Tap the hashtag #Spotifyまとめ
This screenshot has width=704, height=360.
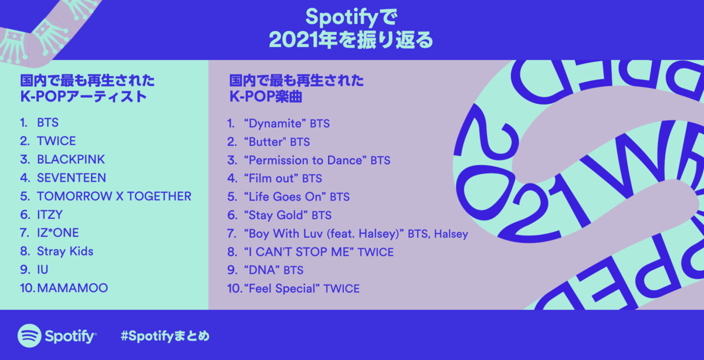point(164,337)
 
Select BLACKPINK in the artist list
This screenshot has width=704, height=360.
point(71,159)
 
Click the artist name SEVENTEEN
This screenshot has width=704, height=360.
point(72,178)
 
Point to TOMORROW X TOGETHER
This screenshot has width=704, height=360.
point(114,196)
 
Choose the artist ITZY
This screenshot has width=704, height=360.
point(49,215)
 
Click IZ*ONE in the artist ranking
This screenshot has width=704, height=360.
point(57,233)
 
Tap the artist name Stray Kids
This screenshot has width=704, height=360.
point(65,252)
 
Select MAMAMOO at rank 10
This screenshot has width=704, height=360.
point(72,288)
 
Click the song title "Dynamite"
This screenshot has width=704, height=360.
point(276,124)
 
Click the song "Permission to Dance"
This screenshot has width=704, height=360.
point(306,160)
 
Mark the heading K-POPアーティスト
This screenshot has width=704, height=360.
point(83,97)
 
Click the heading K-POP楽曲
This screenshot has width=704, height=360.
point(266,97)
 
